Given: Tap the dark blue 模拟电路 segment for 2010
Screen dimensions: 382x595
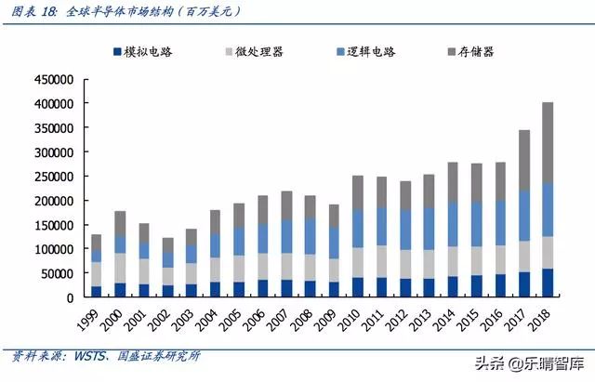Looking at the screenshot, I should coord(357,287).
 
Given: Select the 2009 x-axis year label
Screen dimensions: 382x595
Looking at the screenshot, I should coord(330,322).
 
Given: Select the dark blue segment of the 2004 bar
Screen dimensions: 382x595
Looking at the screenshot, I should coord(215,289).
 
